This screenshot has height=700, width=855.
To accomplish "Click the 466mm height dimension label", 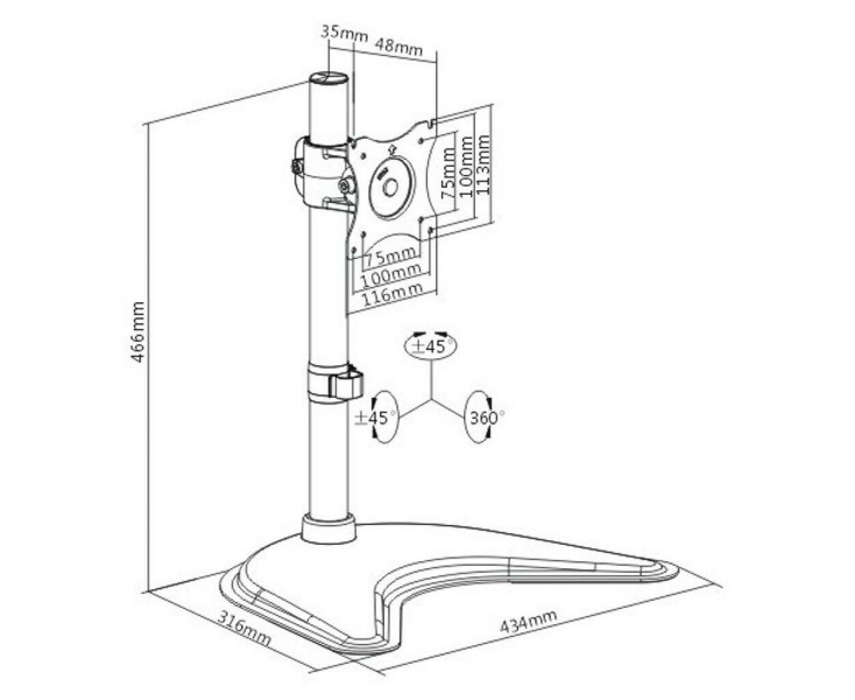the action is point(139,332).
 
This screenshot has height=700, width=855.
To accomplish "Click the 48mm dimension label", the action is point(399,46).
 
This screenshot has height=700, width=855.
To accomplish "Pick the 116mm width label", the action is point(391,294).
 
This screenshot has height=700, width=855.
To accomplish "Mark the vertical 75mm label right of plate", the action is point(447,173).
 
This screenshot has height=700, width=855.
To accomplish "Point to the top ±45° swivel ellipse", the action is point(430,346).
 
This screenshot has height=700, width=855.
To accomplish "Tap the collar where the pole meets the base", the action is point(328,528).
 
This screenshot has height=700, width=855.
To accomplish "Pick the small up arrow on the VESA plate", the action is point(392,150).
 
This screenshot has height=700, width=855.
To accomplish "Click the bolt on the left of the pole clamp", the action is point(297,167).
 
